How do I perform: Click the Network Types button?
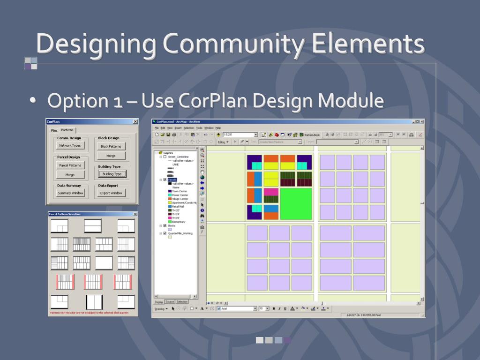tap(70, 146)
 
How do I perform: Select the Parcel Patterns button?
tap(70, 165)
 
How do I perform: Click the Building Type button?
tap(112, 174)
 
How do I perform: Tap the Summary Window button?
tap(70, 193)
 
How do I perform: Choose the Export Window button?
tap(111, 193)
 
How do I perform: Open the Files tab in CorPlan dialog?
tap(54, 130)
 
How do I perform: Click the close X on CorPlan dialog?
tap(135, 121)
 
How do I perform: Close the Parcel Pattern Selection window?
tap(135, 214)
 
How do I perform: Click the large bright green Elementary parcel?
tap(296, 203)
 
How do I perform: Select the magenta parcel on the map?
tap(271, 192)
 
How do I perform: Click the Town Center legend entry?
tap(180, 191)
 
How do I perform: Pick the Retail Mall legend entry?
tap(179, 206)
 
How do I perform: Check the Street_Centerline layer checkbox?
tap(165, 157)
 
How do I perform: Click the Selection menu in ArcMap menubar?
tap(188, 127)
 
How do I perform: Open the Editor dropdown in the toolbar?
tap(223, 142)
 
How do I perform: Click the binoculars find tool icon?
tap(202, 216)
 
